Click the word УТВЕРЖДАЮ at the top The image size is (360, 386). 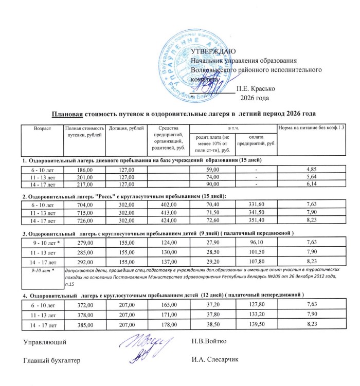point(212,51)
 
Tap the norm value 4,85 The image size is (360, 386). point(311,169)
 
